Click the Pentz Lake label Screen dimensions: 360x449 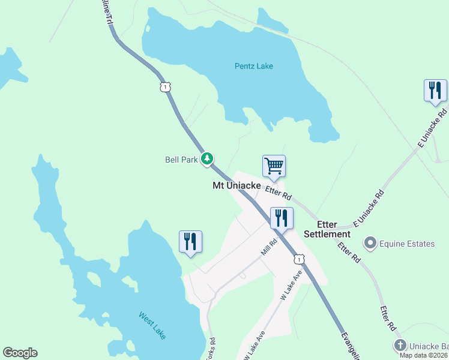253,66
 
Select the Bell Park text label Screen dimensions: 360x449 181,160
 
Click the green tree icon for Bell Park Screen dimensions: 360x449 207,158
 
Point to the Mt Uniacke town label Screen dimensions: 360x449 237,186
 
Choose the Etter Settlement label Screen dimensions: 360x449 327,229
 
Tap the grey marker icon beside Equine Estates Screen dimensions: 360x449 370,243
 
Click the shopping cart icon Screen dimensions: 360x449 274,165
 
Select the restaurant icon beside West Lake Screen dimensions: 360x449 190,241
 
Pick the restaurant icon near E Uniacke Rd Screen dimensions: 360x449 435,90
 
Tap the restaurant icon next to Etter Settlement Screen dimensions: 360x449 282,218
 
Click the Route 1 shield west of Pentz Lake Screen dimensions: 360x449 164,87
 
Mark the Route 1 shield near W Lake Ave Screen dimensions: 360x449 299,259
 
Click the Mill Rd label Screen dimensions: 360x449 268,247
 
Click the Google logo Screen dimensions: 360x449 20,353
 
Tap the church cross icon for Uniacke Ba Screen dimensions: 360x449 400,345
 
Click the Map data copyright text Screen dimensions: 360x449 423,355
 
